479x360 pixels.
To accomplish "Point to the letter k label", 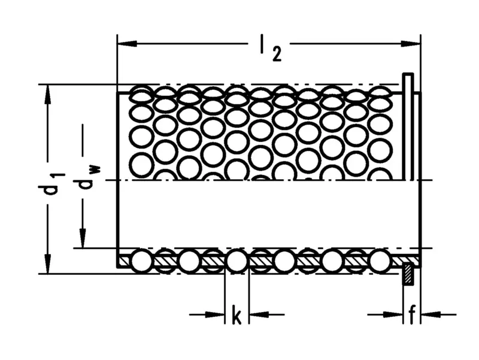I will [237, 314].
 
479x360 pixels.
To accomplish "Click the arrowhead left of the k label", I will [216, 313].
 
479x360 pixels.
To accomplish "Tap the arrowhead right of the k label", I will [256, 313].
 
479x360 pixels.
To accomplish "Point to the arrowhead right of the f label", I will [429, 313].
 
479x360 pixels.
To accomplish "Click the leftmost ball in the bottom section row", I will [143, 261].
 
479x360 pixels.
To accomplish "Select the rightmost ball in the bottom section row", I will [380, 261].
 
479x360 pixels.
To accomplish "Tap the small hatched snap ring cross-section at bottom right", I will [407, 274].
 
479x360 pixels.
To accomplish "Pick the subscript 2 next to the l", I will [275, 55].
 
